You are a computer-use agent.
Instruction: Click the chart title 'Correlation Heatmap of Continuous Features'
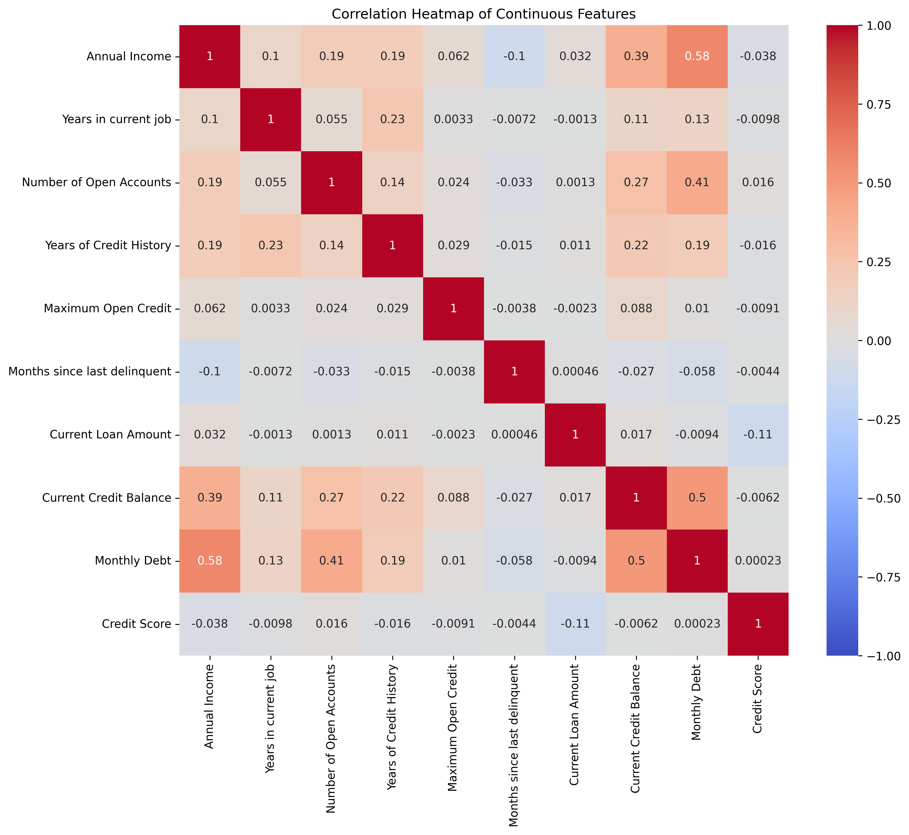click(483, 14)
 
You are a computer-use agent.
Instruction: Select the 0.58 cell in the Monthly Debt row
click(210, 561)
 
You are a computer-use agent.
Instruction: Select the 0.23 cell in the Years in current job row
click(392, 119)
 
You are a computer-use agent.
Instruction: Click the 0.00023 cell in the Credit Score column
click(758, 561)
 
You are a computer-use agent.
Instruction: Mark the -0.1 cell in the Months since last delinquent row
click(210, 372)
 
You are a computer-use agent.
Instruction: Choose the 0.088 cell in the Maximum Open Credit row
click(636, 309)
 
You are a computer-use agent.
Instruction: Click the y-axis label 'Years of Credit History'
click(108, 245)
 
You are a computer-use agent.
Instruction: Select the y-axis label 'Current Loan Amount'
click(110, 435)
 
